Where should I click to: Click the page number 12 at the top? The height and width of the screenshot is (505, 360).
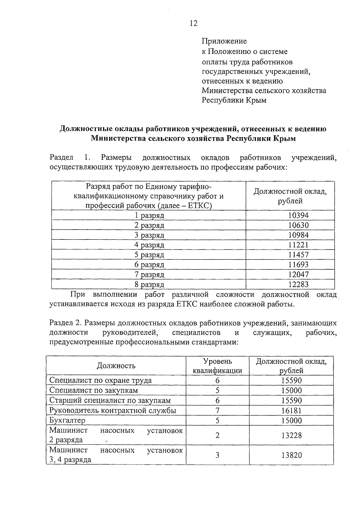[193, 23]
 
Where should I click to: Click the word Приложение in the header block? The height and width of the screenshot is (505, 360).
[224, 41]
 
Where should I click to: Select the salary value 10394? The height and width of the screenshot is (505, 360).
[298, 215]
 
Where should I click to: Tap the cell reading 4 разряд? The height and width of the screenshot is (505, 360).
[149, 245]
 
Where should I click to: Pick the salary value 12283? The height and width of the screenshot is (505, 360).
[298, 284]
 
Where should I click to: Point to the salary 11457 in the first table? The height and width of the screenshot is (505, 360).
[298, 255]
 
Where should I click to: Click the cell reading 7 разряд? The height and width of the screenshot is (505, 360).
[149, 274]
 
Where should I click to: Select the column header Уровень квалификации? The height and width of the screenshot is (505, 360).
[217, 366]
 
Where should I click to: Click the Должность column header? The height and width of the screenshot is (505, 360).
[116, 366]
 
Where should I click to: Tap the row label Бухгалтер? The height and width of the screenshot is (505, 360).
[67, 420]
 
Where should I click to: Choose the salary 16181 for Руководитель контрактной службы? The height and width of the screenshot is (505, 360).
[291, 410]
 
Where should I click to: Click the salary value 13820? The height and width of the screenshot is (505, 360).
[291, 455]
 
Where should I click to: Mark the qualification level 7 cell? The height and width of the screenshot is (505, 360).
[217, 410]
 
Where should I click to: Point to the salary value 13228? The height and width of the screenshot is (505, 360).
[291, 435]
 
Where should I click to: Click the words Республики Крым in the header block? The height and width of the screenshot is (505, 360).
[234, 100]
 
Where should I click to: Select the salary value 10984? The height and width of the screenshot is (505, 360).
[298, 235]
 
